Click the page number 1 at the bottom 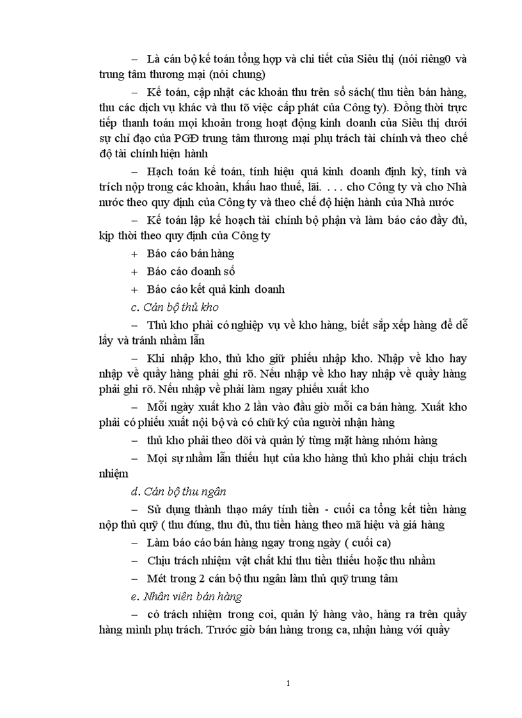[289, 683]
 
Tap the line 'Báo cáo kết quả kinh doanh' [216, 289]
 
